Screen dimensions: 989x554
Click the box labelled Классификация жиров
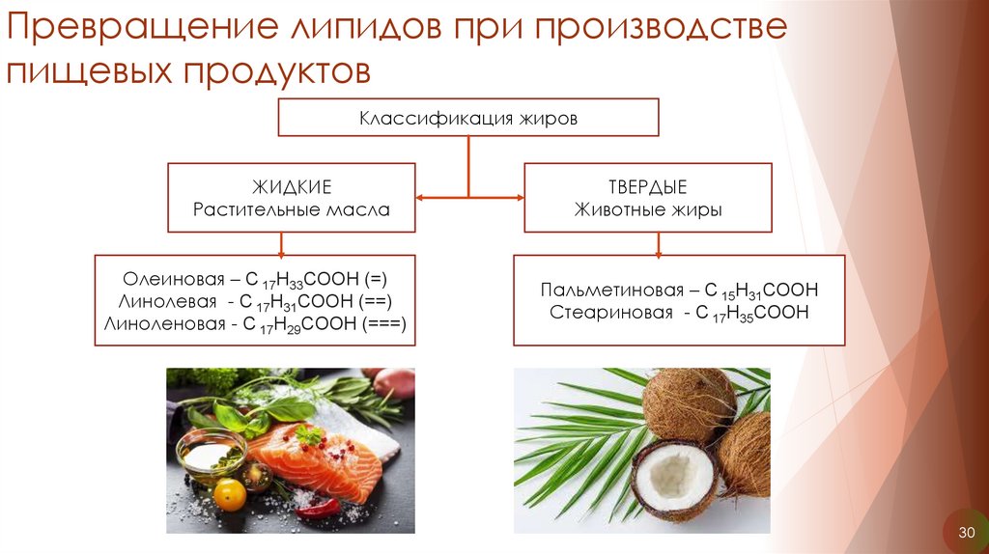pos(468,119)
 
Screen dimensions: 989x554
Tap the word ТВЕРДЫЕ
pos(647,185)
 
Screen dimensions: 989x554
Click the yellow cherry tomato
pos(229,494)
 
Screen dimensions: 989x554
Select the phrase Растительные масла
pos(291,209)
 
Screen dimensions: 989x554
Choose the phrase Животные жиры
pos(647,209)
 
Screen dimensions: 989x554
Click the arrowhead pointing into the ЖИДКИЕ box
pos(421,198)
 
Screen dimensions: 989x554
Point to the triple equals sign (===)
pos(386,324)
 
